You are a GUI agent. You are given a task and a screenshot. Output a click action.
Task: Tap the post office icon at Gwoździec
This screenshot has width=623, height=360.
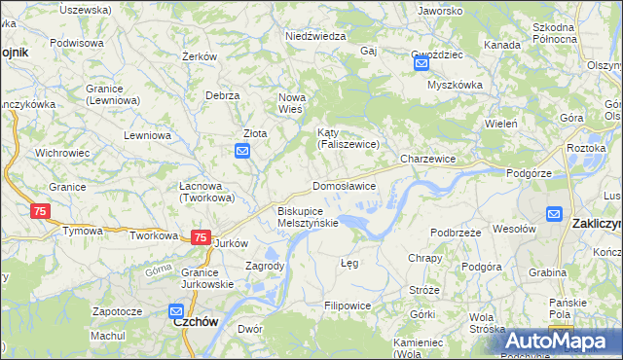[421, 64]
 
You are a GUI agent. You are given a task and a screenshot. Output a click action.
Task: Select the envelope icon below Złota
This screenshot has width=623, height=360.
[242, 151]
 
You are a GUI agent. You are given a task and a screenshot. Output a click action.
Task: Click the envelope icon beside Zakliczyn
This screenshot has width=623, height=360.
[554, 214]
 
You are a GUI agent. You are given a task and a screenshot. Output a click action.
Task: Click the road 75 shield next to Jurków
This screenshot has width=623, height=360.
[201, 237]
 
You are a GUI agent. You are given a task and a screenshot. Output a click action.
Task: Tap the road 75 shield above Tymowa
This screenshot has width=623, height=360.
[40, 211]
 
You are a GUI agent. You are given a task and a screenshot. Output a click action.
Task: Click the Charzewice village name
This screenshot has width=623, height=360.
[428, 158]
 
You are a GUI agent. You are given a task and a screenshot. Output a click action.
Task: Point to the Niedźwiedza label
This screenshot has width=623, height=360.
[315, 36]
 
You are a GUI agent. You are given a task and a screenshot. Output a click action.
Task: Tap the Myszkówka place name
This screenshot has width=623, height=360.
[455, 85]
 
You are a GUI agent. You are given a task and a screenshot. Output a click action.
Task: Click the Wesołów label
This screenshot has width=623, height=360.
[515, 229]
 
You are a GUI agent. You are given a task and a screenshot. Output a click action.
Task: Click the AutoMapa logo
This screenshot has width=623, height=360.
[556, 341]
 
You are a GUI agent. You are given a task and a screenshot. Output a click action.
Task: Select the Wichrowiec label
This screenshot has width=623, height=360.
[62, 153]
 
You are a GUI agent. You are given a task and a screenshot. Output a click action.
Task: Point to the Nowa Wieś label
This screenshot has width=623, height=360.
[293, 103]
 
